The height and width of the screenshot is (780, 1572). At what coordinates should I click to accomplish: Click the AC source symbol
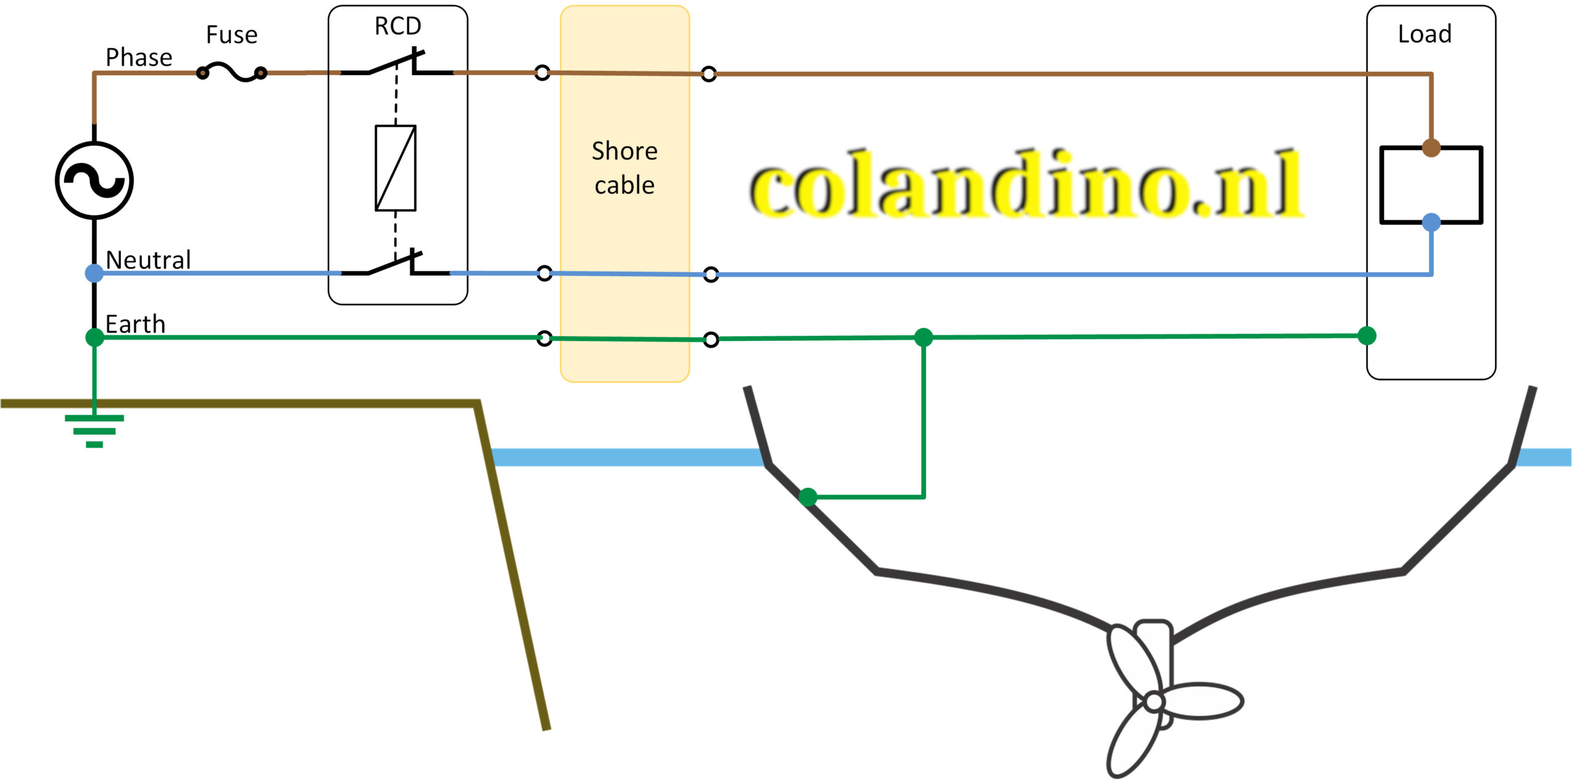[x=94, y=181]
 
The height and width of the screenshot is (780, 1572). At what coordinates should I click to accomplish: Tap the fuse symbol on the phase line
[x=232, y=73]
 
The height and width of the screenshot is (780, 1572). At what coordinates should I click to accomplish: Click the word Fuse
[x=232, y=35]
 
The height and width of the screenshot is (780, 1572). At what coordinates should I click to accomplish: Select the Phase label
[x=139, y=58]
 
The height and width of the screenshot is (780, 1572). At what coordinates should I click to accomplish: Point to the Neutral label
[x=148, y=260]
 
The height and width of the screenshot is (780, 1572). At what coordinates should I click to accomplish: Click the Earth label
[x=135, y=324]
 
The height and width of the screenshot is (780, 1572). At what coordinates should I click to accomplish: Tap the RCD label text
[x=398, y=26]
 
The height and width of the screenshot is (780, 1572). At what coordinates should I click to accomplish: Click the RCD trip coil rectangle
[x=395, y=168]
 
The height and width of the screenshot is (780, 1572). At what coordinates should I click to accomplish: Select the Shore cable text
[x=625, y=168]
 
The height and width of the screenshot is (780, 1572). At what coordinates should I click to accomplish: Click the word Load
[x=1425, y=34]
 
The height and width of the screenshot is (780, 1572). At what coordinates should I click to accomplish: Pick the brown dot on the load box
[x=1431, y=148]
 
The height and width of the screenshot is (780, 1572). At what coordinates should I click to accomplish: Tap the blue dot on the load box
[x=1431, y=222]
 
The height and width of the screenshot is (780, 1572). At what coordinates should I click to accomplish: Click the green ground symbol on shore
[x=94, y=431]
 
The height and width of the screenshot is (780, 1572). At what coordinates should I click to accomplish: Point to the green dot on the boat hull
[x=808, y=497]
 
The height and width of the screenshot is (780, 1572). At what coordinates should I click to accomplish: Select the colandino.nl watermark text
[x=1025, y=184]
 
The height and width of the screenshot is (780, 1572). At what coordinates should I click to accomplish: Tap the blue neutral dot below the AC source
[x=94, y=273]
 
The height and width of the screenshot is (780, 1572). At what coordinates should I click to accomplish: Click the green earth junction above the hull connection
[x=924, y=337]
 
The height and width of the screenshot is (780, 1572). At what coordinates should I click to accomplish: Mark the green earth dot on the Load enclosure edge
[x=1367, y=335]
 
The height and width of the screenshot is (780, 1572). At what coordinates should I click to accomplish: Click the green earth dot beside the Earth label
[x=95, y=337]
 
